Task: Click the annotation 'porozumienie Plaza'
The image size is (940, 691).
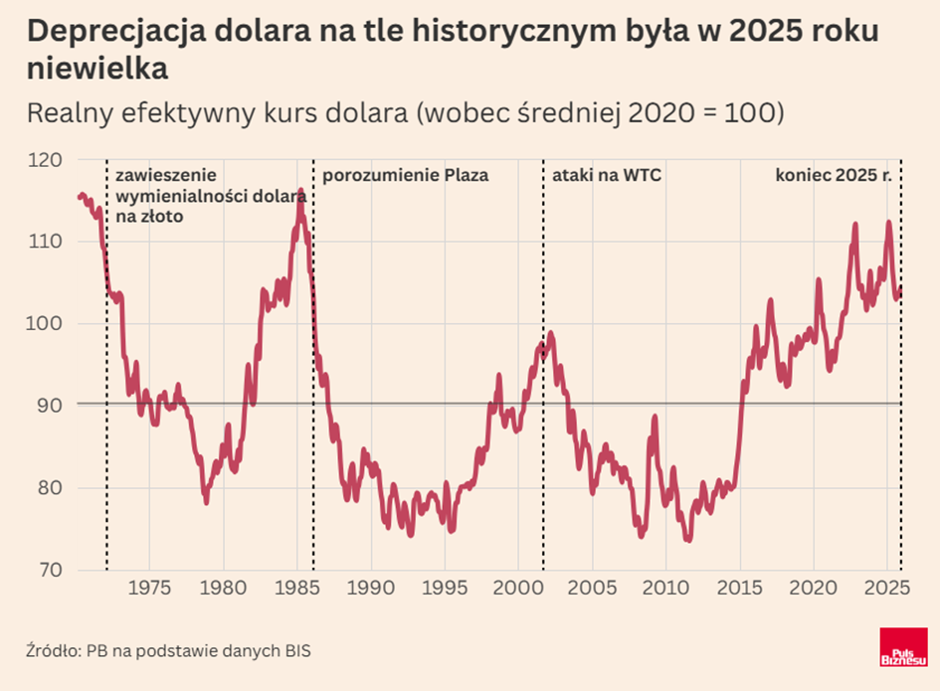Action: click(x=406, y=176)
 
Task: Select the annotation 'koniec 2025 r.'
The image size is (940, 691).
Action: click(x=833, y=176)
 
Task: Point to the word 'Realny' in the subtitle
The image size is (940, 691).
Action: click(x=68, y=113)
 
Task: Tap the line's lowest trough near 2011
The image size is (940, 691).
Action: click(x=687, y=539)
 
